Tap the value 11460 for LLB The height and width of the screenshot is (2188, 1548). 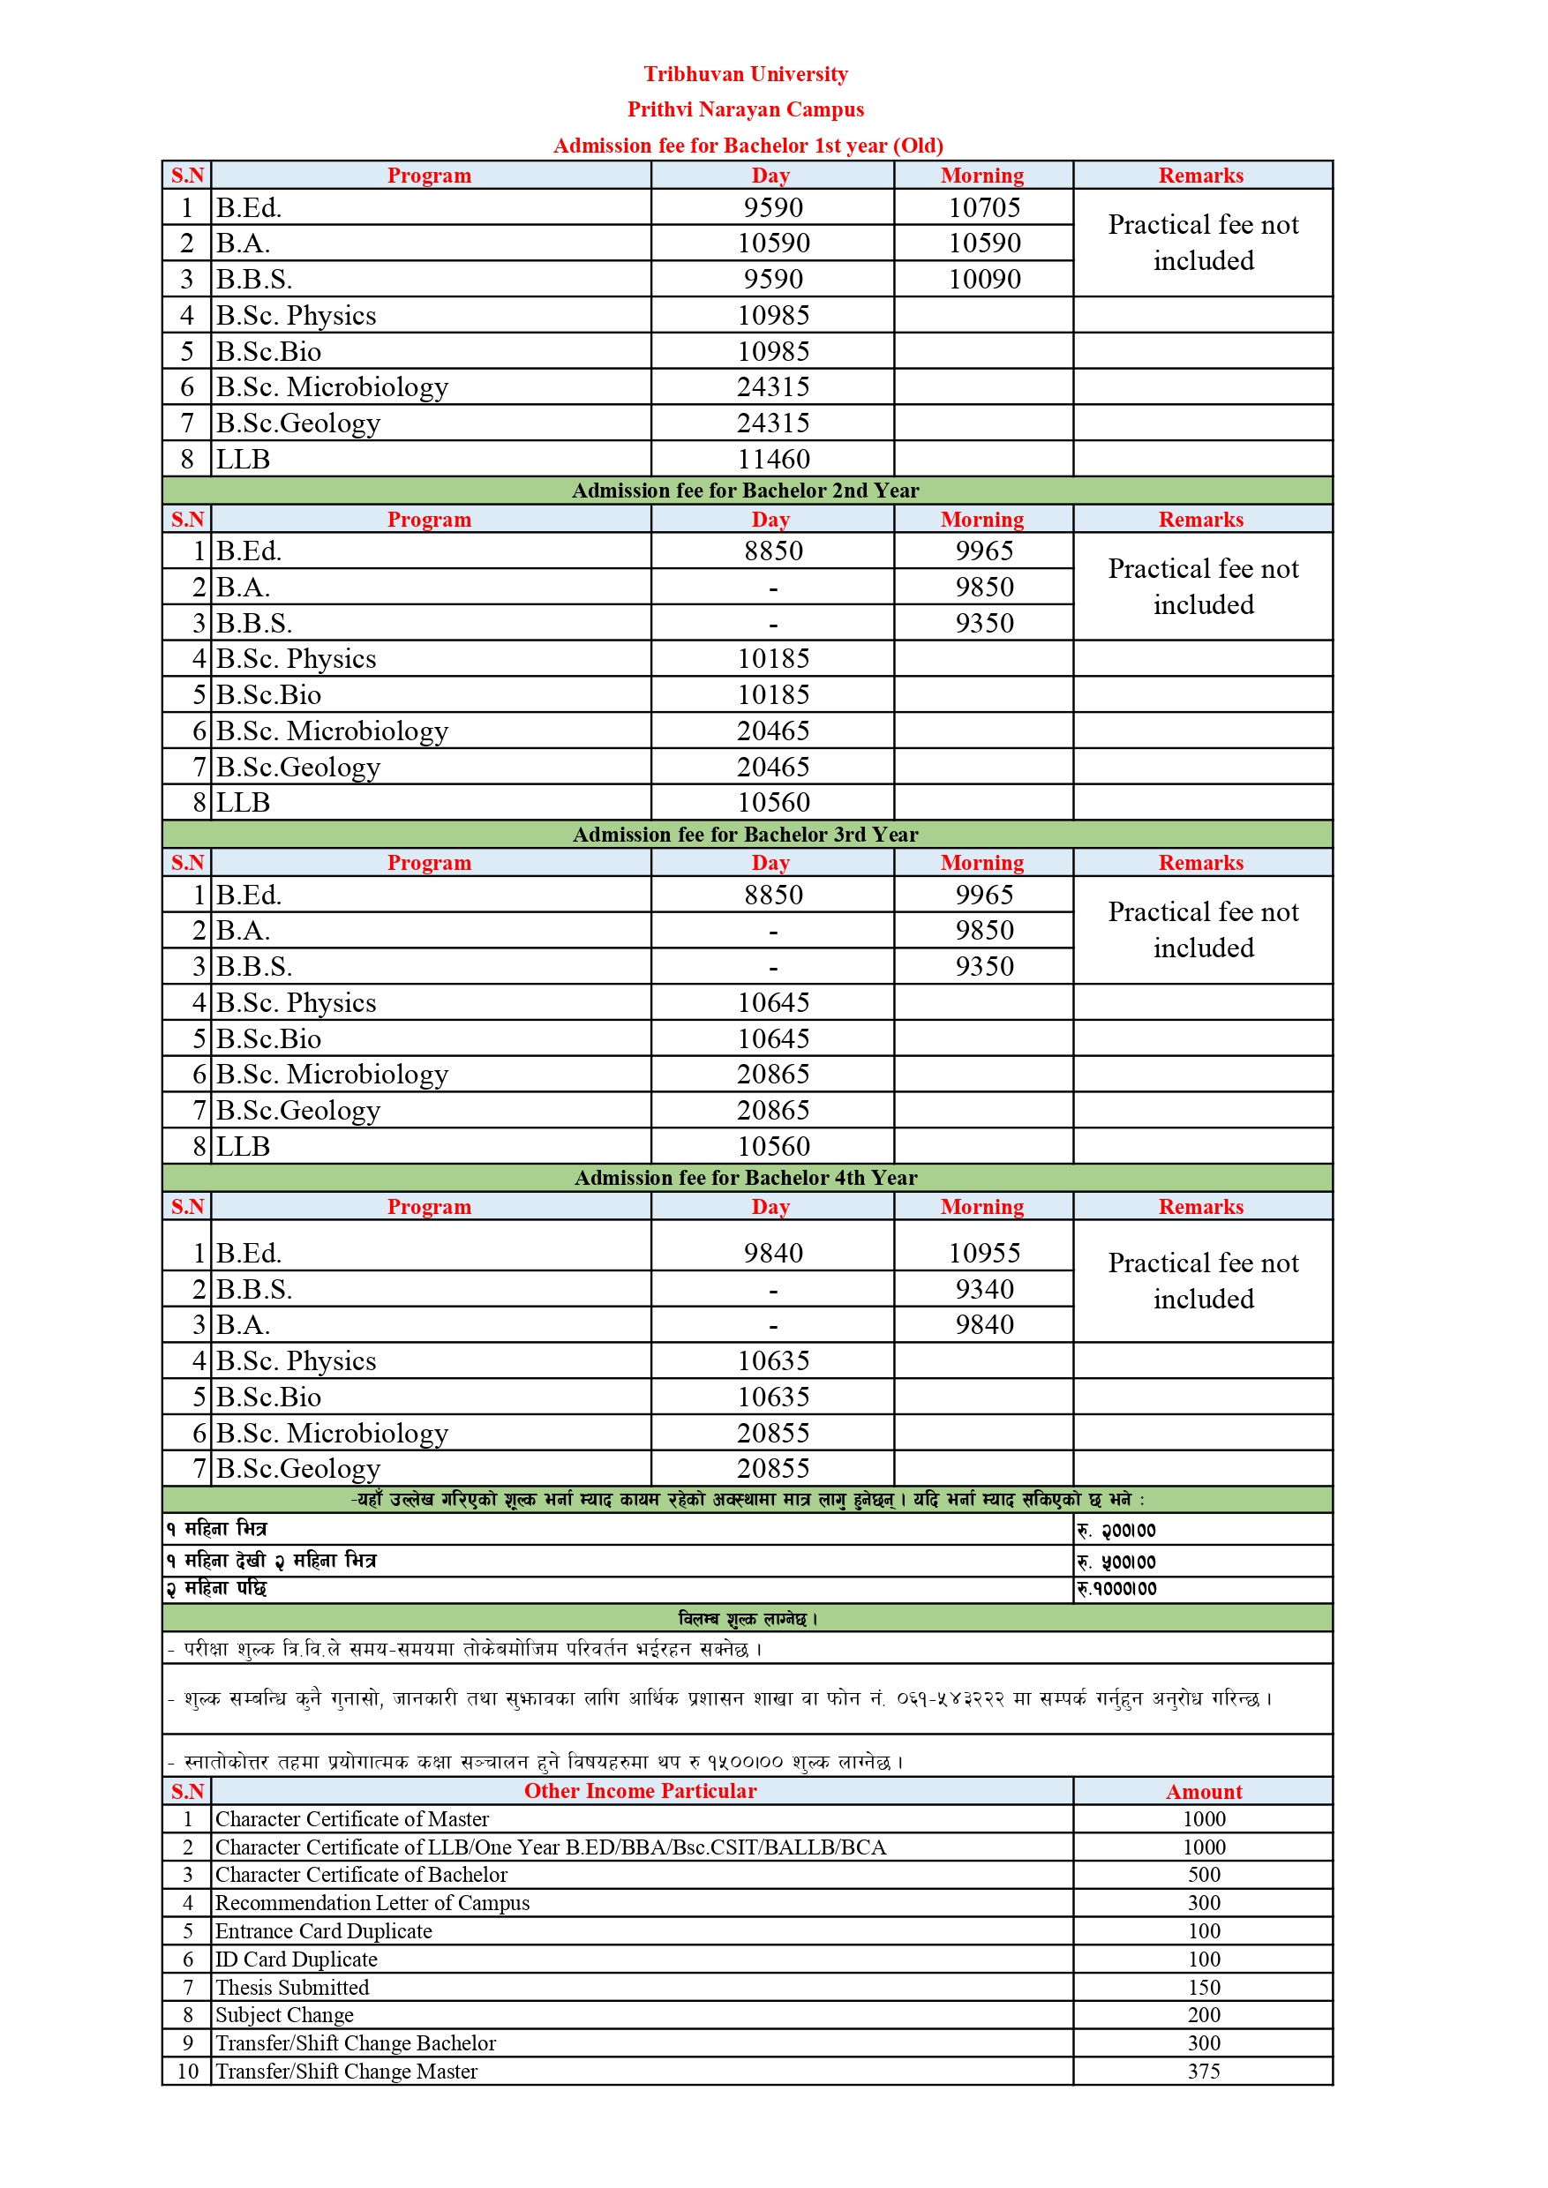pos(773,460)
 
